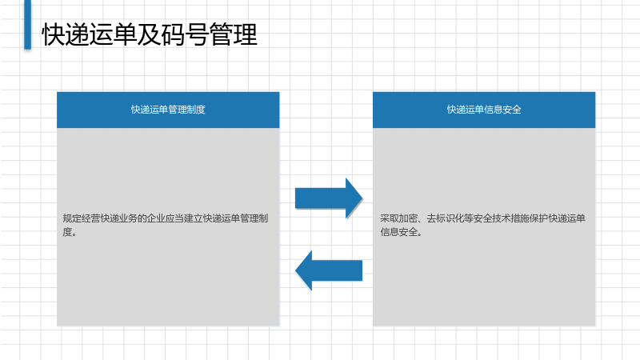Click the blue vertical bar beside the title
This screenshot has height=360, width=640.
[28, 25]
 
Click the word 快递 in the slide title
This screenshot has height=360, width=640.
[66, 34]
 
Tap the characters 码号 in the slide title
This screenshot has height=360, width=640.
[186, 34]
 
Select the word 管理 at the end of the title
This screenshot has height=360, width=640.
[234, 34]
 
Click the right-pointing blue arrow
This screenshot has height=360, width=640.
[329, 198]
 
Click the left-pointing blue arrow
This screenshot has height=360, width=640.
[329, 270]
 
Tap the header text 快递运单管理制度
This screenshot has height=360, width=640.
[168, 110]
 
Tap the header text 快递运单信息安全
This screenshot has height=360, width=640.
[484, 110]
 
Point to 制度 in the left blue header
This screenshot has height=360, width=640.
[196, 110]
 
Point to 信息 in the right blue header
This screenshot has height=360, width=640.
[494, 110]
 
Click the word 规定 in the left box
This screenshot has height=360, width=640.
[72, 218]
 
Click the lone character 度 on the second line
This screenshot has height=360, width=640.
[67, 232]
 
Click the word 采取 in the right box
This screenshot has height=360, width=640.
[390, 218]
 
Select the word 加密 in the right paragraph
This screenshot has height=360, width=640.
[408, 218]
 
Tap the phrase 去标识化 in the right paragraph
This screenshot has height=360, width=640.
[446, 218]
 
